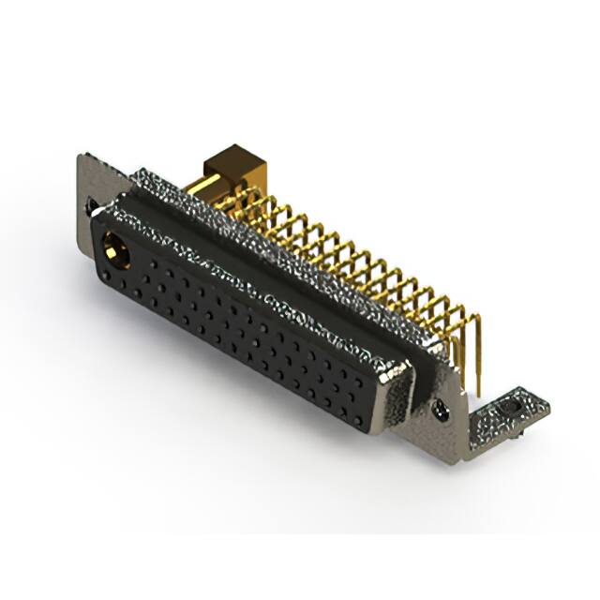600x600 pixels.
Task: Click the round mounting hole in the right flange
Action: pyautogui.click(x=438, y=408)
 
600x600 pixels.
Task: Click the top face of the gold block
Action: pyautogui.click(x=238, y=157)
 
